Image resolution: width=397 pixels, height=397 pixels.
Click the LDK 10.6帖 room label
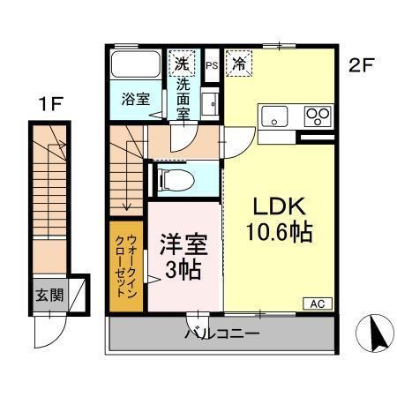point(280,220)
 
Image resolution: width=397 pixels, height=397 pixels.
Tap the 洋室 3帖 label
point(184,256)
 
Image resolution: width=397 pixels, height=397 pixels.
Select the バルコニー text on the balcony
point(221,334)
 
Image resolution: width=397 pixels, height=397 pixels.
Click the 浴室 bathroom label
point(134,99)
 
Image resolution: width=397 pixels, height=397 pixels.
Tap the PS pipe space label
point(212,65)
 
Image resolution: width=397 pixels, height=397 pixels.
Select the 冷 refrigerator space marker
point(238,63)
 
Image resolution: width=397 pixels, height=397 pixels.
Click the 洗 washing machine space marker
point(181,64)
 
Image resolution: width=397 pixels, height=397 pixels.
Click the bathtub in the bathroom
point(135,65)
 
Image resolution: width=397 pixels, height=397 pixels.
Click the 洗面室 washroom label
point(182,97)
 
